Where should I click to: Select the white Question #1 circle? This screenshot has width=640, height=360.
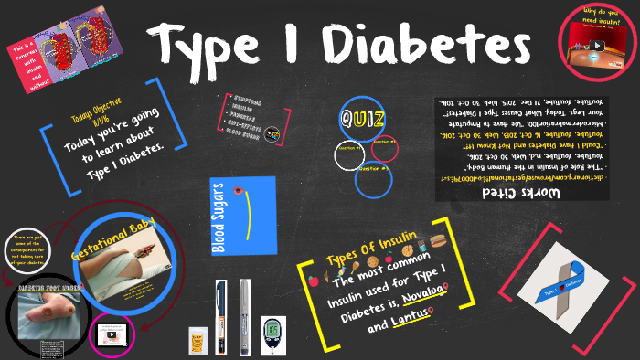348,155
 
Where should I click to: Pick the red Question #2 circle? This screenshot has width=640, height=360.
383,151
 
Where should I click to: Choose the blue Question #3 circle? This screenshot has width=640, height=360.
374,178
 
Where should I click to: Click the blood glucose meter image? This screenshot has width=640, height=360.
272,335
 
